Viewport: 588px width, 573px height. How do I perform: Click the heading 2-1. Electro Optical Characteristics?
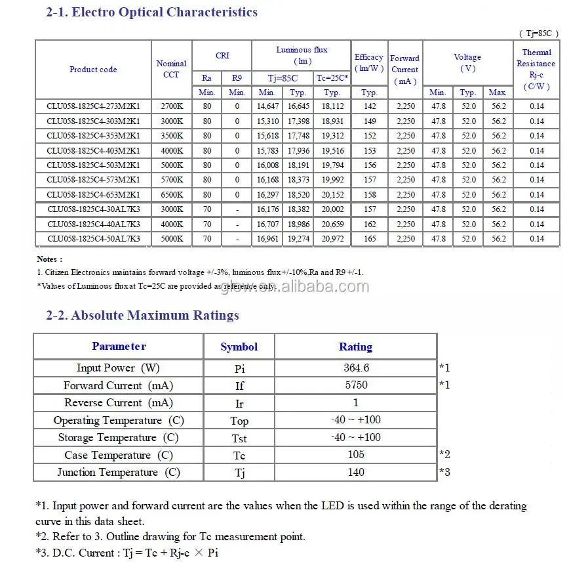click(x=151, y=12)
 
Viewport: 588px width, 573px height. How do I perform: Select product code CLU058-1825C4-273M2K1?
click(x=93, y=106)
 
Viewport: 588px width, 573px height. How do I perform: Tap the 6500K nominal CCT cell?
click(x=171, y=195)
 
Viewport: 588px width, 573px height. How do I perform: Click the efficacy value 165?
click(x=370, y=239)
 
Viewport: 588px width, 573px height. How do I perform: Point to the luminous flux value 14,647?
click(x=267, y=106)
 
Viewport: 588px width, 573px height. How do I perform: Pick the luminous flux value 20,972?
click(x=332, y=239)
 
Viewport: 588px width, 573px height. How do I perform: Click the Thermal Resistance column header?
click(x=536, y=69)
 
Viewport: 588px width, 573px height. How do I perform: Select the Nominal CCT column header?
click(x=171, y=69)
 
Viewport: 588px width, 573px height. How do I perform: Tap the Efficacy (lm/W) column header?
click(x=369, y=63)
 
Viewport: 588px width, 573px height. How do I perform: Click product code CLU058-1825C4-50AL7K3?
click(x=93, y=239)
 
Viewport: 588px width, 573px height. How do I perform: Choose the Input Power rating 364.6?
click(x=355, y=368)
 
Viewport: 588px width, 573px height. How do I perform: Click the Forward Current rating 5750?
click(x=355, y=385)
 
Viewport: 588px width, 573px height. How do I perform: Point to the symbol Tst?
click(x=239, y=438)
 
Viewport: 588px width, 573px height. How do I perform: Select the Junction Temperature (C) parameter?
click(x=118, y=473)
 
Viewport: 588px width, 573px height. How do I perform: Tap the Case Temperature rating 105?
click(x=355, y=455)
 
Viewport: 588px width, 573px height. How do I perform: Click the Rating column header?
click(x=355, y=347)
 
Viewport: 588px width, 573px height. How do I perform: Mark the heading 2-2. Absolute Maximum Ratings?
click(x=142, y=316)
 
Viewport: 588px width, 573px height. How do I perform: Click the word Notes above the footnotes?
click(x=50, y=259)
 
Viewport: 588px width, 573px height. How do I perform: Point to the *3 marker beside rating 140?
click(x=444, y=472)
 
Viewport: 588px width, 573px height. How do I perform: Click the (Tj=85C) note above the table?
click(x=539, y=33)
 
